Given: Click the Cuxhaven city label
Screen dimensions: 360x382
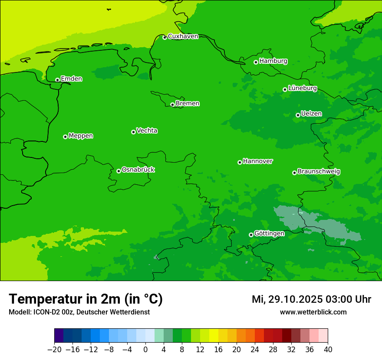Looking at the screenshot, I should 183,36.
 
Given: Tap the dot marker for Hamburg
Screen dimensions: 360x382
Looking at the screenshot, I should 256,62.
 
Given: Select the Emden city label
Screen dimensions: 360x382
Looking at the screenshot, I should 71,79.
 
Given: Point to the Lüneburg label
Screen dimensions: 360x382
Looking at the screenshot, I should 302,88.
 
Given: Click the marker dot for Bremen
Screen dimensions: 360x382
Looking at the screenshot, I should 172,105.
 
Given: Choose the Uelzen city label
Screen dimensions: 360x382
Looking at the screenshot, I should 311,114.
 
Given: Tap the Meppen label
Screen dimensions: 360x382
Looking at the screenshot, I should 81,136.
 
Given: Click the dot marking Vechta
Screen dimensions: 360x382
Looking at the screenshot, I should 133,132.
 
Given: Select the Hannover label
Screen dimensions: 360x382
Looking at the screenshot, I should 257,161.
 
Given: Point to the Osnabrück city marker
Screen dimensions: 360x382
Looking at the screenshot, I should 119,171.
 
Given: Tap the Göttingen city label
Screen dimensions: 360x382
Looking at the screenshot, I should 269,234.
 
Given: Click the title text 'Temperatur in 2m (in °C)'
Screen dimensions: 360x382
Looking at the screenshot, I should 86,299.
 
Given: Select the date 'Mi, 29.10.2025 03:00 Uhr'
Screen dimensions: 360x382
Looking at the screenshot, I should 311,299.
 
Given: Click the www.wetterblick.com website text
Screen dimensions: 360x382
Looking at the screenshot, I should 313,312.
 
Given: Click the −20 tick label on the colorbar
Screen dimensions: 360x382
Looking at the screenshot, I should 54,350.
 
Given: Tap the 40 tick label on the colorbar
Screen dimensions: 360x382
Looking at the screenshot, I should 328,350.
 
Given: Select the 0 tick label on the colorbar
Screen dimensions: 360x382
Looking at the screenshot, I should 145,350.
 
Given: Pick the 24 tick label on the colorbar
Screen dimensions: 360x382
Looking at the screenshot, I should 255,350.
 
